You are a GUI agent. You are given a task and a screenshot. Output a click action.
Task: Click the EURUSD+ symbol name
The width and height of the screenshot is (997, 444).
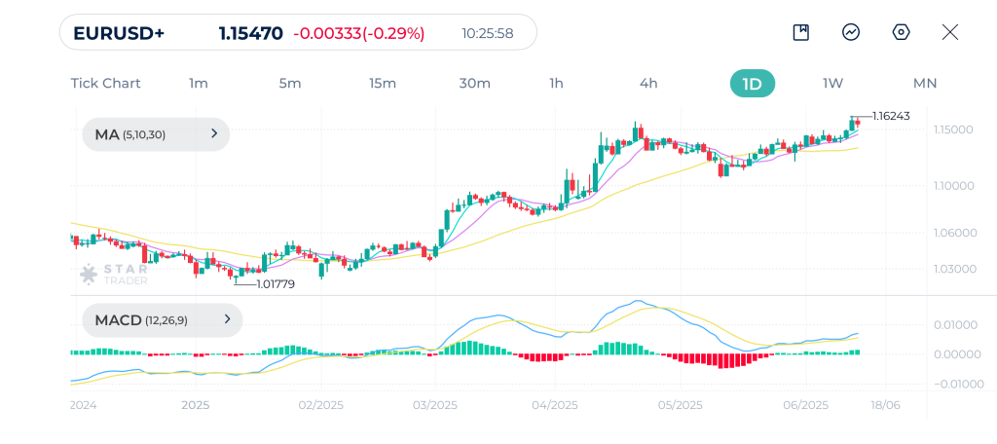[119, 33]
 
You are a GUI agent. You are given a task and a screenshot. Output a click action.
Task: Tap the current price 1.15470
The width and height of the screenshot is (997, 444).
[250, 33]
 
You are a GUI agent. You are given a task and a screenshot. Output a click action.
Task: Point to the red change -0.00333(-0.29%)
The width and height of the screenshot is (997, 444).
[359, 33]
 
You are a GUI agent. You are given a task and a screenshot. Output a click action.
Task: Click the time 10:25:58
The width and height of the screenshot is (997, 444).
[487, 33]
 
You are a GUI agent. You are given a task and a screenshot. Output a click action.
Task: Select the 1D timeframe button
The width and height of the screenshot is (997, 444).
[752, 83]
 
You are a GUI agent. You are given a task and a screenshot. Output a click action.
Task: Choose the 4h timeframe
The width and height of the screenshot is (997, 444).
[648, 83]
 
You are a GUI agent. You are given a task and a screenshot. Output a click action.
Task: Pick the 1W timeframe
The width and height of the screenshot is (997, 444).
[832, 83]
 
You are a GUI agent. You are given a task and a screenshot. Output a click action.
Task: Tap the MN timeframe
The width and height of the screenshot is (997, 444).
[924, 83]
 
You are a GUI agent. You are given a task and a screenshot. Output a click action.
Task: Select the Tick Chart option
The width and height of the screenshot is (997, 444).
[105, 83]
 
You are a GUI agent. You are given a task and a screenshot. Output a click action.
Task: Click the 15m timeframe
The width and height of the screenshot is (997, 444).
[383, 83]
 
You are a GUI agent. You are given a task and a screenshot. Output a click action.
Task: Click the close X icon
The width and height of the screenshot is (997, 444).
[950, 32]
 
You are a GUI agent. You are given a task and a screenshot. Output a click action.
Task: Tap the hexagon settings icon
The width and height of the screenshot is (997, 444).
[901, 32]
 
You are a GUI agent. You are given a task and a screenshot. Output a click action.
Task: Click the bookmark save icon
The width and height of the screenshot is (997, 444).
[800, 32]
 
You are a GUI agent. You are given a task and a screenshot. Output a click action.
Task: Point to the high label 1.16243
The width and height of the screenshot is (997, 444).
[891, 116]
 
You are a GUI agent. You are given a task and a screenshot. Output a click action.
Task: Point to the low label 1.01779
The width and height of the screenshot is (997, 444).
[275, 284]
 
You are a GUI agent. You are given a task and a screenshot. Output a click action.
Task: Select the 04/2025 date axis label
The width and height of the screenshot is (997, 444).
[555, 405]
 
